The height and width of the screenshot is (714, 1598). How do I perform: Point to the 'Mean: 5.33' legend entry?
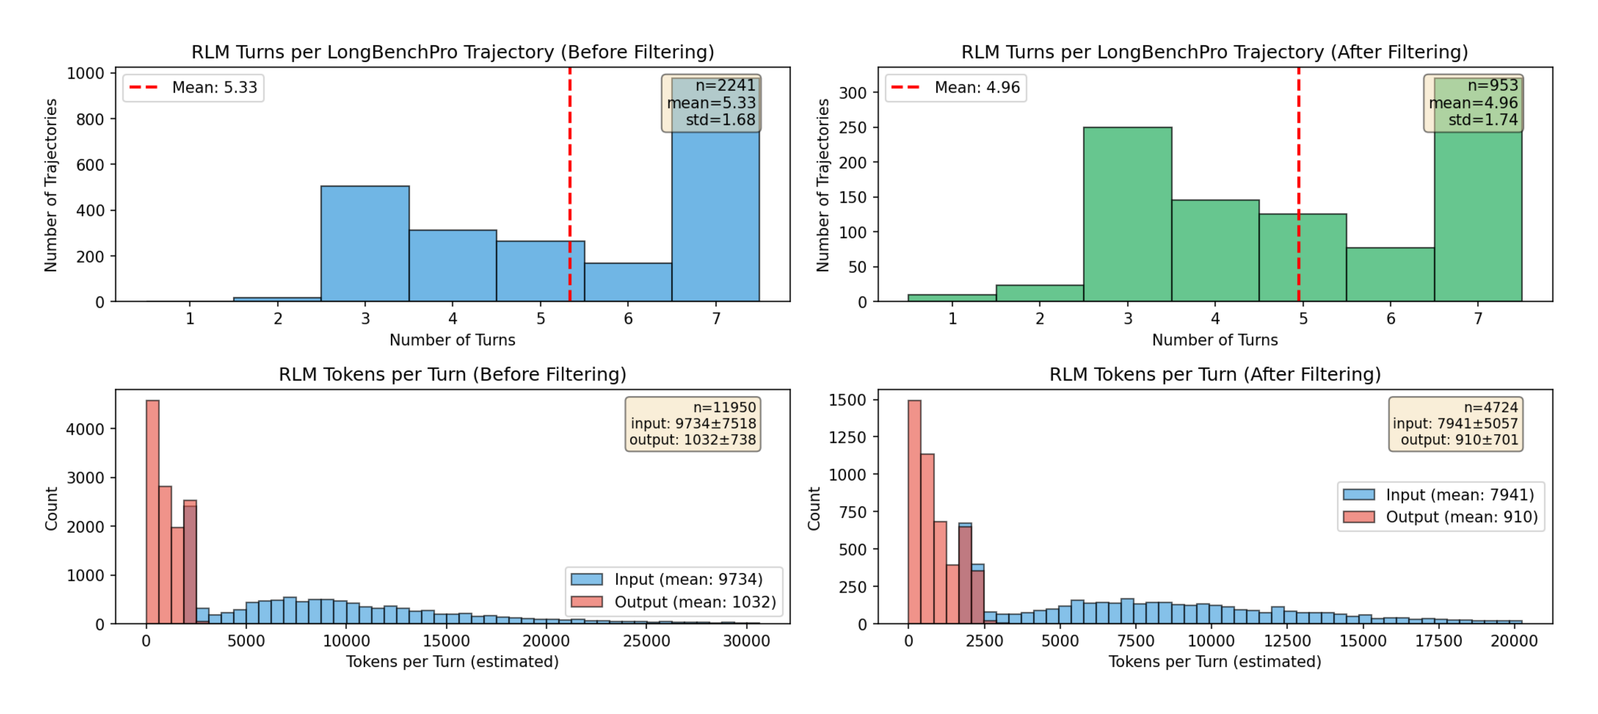(x=193, y=88)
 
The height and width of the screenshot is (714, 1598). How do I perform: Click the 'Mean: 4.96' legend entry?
(x=956, y=88)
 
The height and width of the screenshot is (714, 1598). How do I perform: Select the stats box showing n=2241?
(x=711, y=103)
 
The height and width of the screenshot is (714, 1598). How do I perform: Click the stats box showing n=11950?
(x=692, y=424)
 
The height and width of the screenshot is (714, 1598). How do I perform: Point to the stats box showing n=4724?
(x=1455, y=424)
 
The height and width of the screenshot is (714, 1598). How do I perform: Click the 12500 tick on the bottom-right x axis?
(x=1286, y=641)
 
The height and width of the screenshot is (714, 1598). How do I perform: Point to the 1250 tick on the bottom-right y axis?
(x=847, y=438)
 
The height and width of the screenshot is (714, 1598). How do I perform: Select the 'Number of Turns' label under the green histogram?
(x=1214, y=340)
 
